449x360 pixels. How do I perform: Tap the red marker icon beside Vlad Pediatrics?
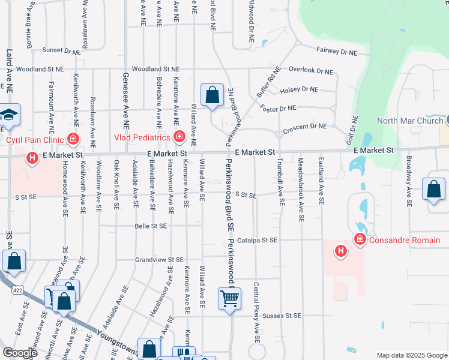[178, 137]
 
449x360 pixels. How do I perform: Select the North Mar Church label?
[410, 121]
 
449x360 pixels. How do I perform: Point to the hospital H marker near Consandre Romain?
[340, 250]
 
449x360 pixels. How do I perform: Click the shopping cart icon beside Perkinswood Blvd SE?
[229, 298]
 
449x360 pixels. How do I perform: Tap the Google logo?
[20, 353]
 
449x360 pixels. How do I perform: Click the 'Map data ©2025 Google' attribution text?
[411, 355]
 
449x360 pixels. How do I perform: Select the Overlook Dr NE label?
[310, 71]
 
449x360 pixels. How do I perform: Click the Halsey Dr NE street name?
[298, 89]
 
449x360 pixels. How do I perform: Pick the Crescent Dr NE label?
[309, 127]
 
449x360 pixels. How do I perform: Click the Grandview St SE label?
[158, 260]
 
